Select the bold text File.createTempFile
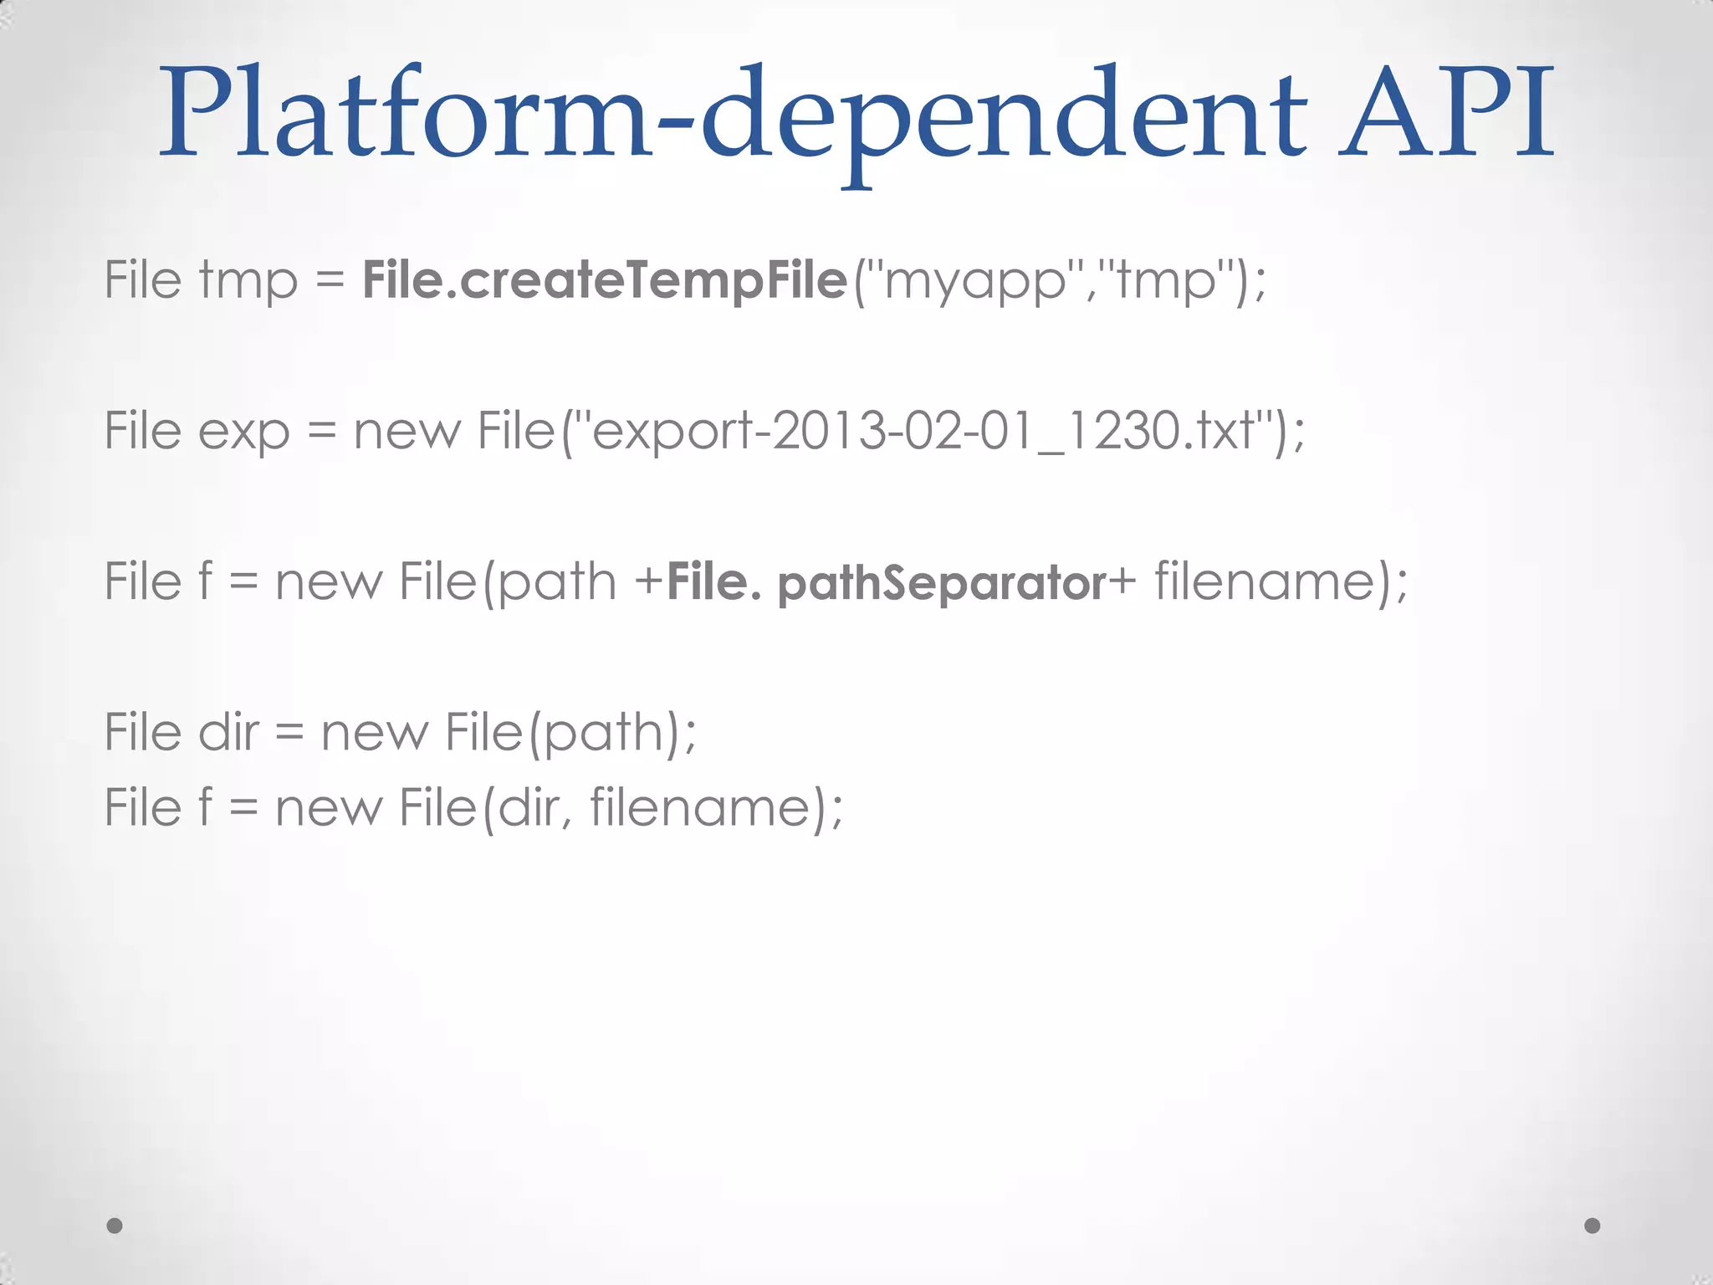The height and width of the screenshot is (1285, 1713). pyautogui.click(x=605, y=279)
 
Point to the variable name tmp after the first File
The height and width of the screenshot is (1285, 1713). pyautogui.click(x=248, y=281)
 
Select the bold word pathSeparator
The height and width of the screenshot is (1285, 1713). pyautogui.click(x=942, y=583)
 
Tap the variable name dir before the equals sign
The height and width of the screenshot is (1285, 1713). pyautogui.click(x=228, y=732)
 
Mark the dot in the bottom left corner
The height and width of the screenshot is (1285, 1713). pyautogui.click(x=115, y=1226)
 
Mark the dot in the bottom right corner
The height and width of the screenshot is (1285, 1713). pyautogui.click(x=1593, y=1226)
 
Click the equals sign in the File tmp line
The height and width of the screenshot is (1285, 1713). pyautogui.click(x=330, y=281)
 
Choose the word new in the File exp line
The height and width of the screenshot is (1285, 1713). pyautogui.click(x=407, y=431)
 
